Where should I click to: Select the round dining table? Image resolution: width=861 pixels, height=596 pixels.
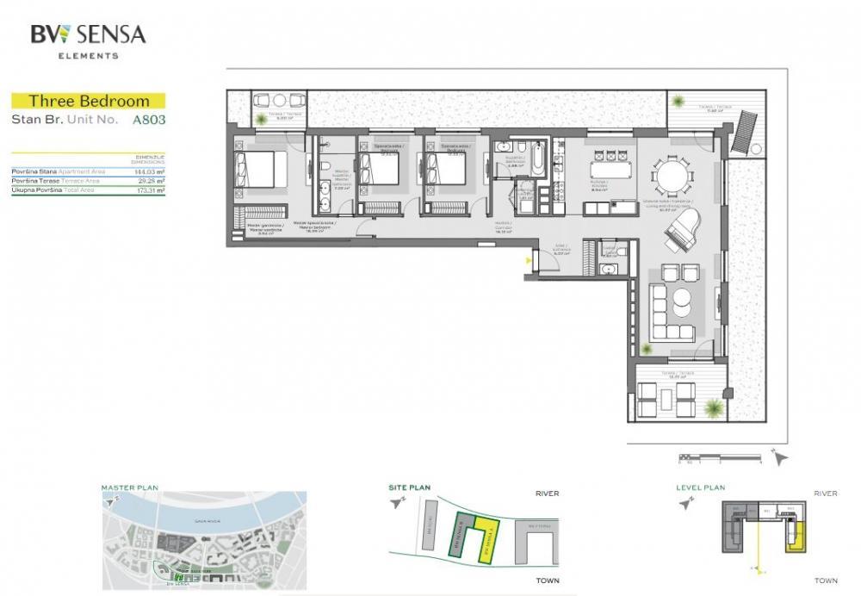[x=672, y=177]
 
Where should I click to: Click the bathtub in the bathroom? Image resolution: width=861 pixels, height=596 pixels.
[x=536, y=158]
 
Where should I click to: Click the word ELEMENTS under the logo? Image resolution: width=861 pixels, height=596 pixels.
[x=89, y=56]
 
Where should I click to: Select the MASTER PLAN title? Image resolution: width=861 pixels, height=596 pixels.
[x=129, y=487]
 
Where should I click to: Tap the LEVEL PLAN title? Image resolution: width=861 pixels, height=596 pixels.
[x=700, y=487]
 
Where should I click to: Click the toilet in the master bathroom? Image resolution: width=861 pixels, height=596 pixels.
[x=325, y=167]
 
